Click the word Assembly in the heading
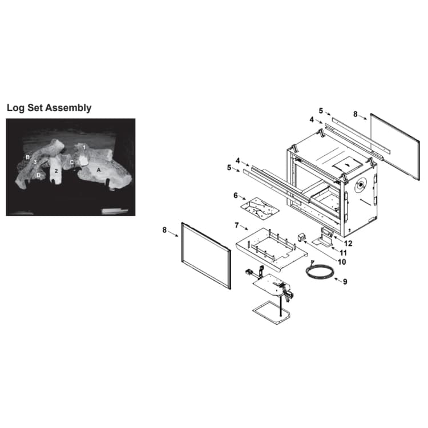tap(68, 108)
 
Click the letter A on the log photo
tap(99, 170)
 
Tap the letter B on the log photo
tap(27, 158)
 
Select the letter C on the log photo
tap(71, 163)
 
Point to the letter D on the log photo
tap(38, 175)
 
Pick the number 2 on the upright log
tap(56, 171)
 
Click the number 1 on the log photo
tap(84, 147)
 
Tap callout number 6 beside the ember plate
tap(236, 195)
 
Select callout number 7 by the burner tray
tap(236, 225)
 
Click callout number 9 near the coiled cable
tap(345, 281)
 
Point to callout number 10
tap(342, 262)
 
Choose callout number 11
tap(343, 253)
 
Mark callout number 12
tap(348, 243)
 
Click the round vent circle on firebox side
tap(361, 185)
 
